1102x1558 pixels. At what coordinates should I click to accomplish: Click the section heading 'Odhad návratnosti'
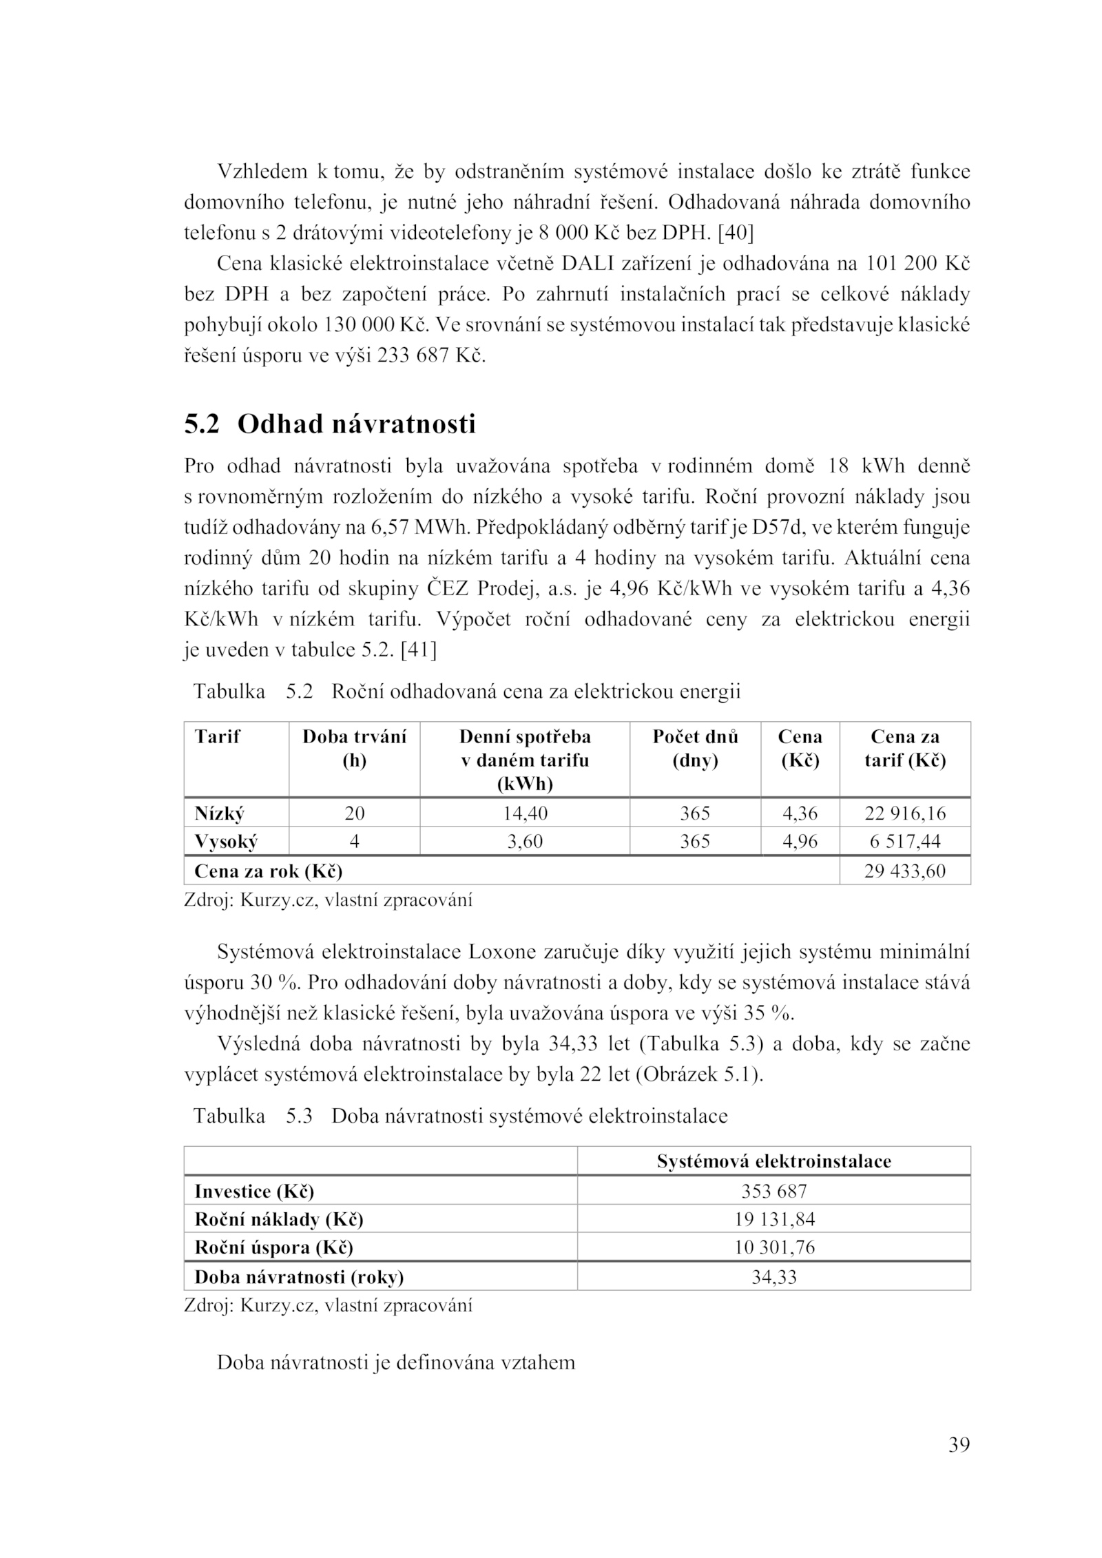coord(356,424)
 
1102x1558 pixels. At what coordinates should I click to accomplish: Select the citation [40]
coord(735,233)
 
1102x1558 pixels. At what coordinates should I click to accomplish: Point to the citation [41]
coord(418,650)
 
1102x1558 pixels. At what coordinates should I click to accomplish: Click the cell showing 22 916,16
coord(905,813)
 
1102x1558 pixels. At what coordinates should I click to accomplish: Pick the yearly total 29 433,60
coord(905,871)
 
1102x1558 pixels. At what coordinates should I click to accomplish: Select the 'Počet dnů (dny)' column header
coord(695,749)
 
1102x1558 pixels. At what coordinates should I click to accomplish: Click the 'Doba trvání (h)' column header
coord(354,749)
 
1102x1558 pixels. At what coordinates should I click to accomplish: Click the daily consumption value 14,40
coord(525,813)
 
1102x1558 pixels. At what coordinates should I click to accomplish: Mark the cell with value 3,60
coord(525,842)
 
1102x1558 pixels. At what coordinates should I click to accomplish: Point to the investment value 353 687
coord(773,1191)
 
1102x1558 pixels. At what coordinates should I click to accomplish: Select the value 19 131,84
coord(773,1220)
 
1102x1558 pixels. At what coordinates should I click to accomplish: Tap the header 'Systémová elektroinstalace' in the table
coord(773,1162)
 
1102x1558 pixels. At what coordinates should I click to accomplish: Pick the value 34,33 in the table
coord(773,1278)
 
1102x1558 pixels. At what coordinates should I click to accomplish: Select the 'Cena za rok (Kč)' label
coord(269,871)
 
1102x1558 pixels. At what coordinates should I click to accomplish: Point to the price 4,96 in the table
coord(800,842)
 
